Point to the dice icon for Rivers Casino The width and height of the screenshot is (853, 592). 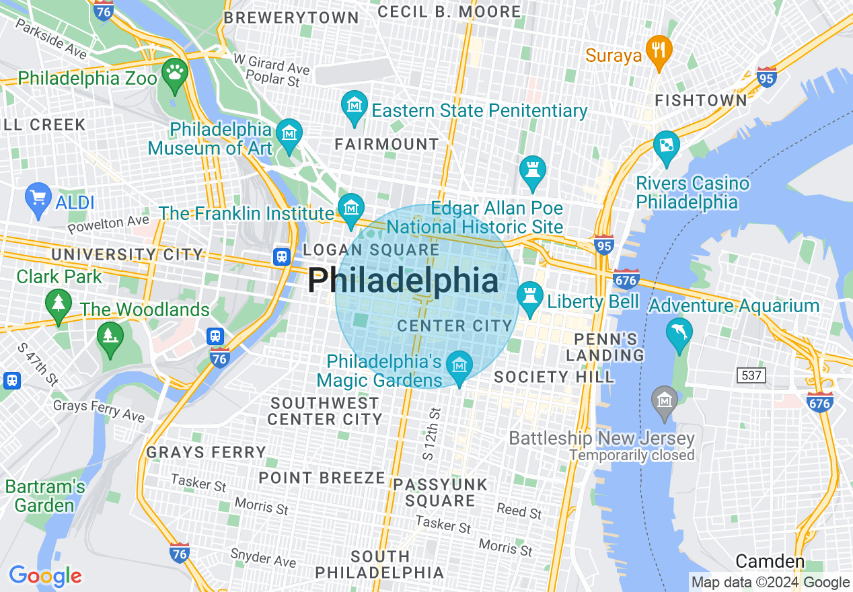(666, 146)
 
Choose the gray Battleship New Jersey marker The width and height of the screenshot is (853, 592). (665, 401)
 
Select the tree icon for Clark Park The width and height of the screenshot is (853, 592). (59, 303)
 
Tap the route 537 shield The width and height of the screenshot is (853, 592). (751, 375)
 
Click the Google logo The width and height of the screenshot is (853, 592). (45, 576)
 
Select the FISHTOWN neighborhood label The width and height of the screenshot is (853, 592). (701, 101)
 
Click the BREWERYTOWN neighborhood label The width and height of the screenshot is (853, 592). (291, 18)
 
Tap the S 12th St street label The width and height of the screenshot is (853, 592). (431, 433)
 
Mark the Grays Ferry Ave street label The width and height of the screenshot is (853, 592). (99, 410)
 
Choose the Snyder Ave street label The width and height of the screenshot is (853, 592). (263, 557)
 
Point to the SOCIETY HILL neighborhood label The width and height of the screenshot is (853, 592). (554, 377)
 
